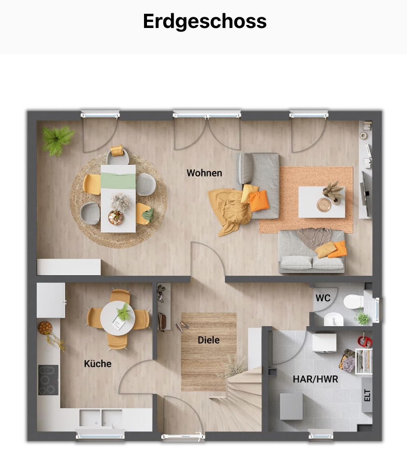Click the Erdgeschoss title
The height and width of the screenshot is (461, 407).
point(205,21)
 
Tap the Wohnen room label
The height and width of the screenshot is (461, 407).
point(204,173)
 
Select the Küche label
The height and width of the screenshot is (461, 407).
point(98,363)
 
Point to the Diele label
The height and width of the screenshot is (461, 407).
point(209,340)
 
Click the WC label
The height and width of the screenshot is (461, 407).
point(323,298)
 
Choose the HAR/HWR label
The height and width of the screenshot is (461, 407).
point(315,379)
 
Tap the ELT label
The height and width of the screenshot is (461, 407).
point(367,395)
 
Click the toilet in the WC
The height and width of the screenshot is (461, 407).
point(353,301)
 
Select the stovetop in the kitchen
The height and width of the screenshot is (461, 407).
point(48,380)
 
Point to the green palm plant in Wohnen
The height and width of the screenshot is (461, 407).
point(57,140)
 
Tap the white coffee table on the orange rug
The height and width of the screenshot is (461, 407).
point(322,202)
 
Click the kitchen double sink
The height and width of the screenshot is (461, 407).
point(101,418)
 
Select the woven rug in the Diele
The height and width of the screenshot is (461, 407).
point(209,352)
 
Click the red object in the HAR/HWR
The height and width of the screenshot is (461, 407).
point(365,341)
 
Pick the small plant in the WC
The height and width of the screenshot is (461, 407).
point(362,318)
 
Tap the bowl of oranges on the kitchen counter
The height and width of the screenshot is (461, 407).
point(45,328)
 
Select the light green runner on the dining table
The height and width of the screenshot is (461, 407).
point(118,181)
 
